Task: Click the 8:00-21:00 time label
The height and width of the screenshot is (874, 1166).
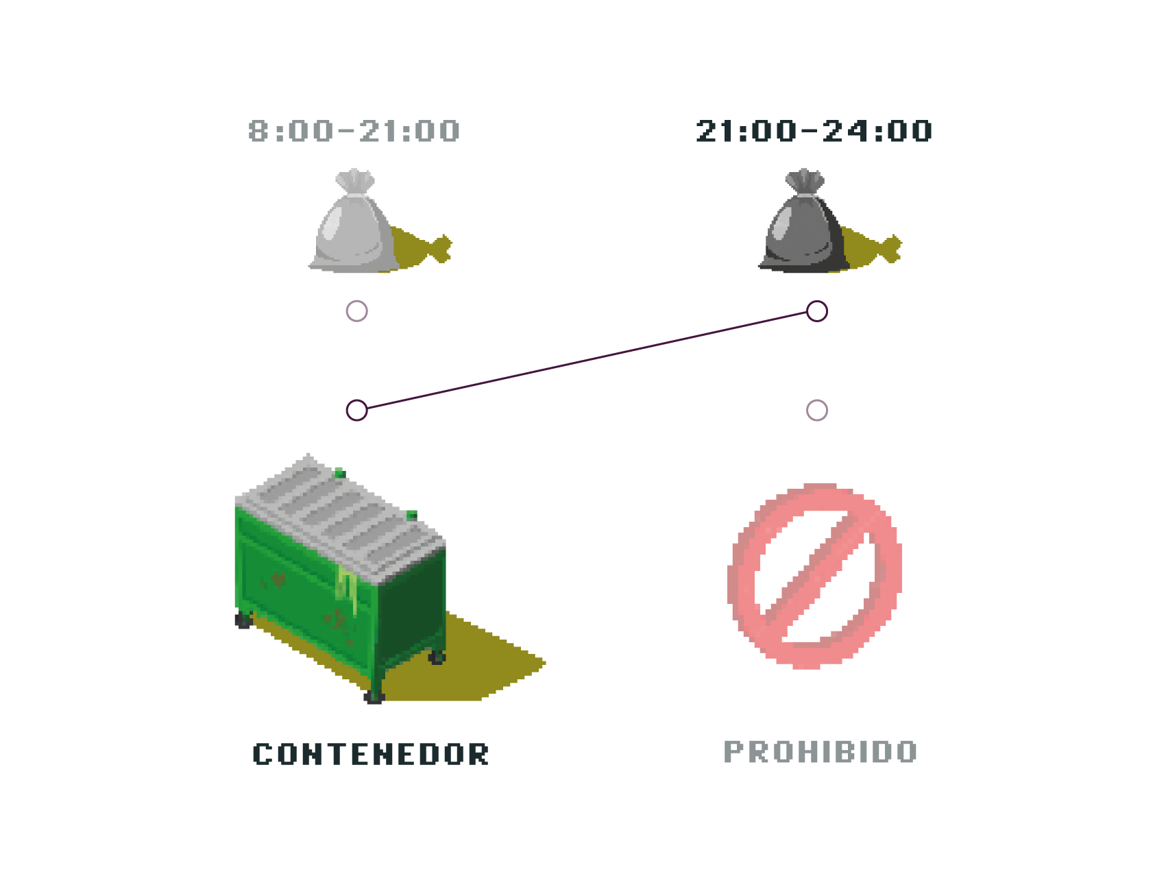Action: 354,131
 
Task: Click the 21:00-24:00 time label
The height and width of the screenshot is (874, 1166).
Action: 813,131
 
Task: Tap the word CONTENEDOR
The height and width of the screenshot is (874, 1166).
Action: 370,753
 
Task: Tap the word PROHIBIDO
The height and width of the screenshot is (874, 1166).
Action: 821,751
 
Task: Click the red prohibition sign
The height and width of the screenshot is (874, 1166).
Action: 814,576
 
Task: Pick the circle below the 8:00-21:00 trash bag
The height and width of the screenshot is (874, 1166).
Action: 356,311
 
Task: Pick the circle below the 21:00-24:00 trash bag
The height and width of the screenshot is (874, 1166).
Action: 816,311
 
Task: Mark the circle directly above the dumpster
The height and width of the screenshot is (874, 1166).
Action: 356,411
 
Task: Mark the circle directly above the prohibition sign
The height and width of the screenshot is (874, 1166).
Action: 816,411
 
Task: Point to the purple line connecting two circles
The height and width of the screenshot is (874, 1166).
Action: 586,361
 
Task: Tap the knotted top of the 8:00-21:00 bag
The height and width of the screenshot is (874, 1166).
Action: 354,182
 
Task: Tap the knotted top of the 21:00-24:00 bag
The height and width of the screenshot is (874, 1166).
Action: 804,182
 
